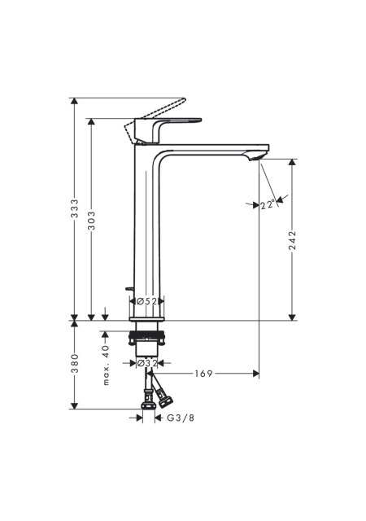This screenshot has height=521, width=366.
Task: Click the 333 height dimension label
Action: (75, 208)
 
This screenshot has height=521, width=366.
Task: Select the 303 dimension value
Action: (91, 220)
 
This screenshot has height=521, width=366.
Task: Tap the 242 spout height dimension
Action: (292, 240)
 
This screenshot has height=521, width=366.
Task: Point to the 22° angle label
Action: (268, 204)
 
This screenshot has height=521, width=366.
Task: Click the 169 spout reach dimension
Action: (203, 374)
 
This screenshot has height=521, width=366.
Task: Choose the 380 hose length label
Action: (75, 363)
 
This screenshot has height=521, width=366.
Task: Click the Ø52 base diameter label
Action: (146, 301)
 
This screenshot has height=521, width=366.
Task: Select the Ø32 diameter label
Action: (146, 363)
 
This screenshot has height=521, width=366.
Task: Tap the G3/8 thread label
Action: (181, 418)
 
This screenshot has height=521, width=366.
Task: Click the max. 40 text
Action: (106, 365)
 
